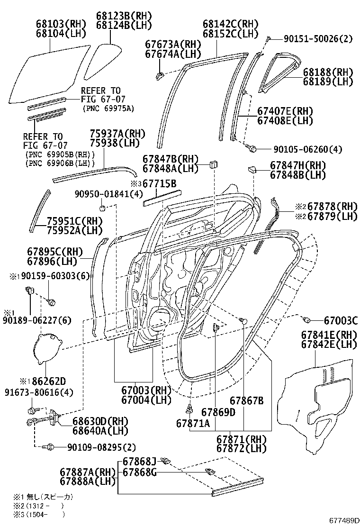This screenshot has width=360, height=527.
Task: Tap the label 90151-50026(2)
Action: [318, 39]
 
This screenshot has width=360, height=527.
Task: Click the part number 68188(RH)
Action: [328, 72]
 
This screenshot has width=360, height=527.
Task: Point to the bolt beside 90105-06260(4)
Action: [252, 149]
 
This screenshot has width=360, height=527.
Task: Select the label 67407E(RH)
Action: [285, 111]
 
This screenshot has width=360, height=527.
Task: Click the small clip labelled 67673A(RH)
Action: [160, 74]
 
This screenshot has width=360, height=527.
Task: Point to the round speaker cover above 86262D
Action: [47, 349]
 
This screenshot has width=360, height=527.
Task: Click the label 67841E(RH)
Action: [328, 335]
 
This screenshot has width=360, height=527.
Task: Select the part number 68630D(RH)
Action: [100, 421]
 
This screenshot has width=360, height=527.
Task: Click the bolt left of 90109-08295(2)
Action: [47, 446]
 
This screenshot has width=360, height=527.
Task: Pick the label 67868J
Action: [139, 461]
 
